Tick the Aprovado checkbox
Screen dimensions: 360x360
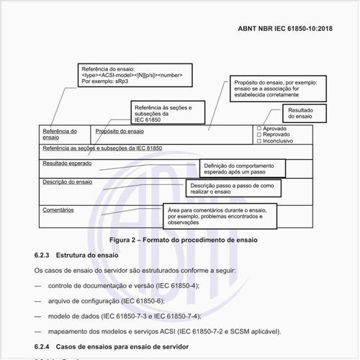pos(259,128)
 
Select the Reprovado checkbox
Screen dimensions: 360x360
pos(259,134)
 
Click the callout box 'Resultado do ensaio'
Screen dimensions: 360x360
pos(300,113)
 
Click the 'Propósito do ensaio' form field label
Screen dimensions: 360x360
pos(120,131)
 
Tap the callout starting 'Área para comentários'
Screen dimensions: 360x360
pos(216,215)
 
